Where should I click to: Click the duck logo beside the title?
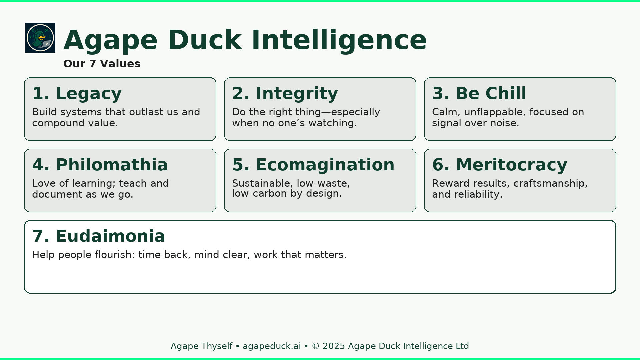pyautogui.click(x=40, y=38)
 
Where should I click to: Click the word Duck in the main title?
pyautogui.click(x=205, y=40)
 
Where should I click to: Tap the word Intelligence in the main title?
pyautogui.click(x=339, y=40)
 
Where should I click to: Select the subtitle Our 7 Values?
pyautogui.click(x=102, y=64)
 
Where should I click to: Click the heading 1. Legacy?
pyautogui.click(x=77, y=93)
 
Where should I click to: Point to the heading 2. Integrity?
pyautogui.click(x=285, y=93)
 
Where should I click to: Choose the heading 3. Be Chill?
pyautogui.click(x=479, y=93)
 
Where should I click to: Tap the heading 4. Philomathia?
pyautogui.click(x=100, y=165)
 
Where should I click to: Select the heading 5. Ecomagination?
pyautogui.click(x=313, y=165)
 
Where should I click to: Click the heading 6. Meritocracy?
pyautogui.click(x=499, y=165)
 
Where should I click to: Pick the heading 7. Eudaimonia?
pyautogui.click(x=99, y=236)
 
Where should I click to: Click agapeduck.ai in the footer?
pyautogui.click(x=272, y=346)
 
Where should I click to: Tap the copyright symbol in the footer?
pyautogui.click(x=316, y=346)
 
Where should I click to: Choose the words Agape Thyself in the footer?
pyautogui.click(x=201, y=346)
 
